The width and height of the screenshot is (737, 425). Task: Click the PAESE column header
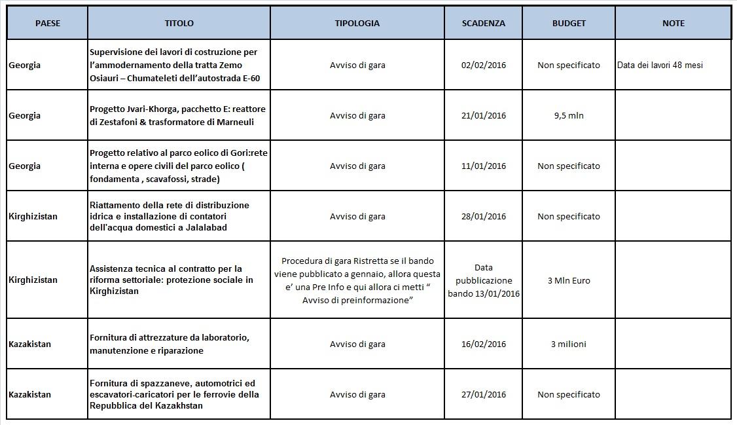47,23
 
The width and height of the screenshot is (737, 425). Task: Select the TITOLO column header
179,23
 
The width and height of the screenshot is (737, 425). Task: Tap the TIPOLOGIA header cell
357,23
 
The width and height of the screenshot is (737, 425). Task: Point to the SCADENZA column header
483,23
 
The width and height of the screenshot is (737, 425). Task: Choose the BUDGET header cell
569,23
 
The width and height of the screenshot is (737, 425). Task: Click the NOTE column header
673,23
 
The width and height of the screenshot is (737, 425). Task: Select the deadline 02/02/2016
483,65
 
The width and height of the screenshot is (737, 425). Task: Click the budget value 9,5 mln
568,115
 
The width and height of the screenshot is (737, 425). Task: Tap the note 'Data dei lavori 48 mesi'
660,65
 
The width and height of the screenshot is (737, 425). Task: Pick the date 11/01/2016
483,166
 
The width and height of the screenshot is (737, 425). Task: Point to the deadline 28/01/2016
483,216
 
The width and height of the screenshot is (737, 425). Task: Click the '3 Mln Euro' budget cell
568,280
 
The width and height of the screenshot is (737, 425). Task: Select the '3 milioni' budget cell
568,344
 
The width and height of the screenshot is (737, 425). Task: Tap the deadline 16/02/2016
483,344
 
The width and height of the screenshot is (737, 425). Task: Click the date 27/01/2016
483,394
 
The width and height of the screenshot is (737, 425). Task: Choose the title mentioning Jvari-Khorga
177,115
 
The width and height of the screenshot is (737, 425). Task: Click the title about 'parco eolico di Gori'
178,166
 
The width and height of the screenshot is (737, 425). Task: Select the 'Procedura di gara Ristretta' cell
357,280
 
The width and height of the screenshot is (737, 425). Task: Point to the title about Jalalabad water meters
170,216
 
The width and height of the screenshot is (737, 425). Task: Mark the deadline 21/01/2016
483,115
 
